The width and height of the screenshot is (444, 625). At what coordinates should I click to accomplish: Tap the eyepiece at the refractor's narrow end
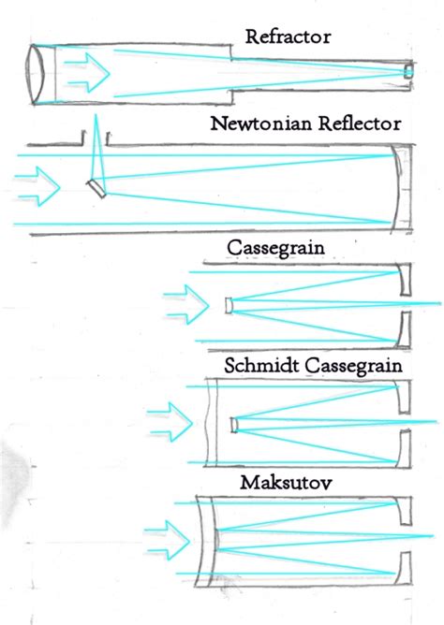407,72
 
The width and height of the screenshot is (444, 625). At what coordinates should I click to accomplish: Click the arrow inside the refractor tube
89,72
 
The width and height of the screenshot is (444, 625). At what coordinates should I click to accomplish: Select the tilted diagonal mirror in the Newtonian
96,187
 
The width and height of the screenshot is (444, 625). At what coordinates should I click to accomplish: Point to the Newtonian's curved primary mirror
400,187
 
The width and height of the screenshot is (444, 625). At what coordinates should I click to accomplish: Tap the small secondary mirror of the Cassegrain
229,305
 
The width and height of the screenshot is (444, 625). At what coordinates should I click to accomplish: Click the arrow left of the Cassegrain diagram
185,305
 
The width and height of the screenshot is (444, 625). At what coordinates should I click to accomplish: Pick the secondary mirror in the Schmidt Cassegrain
233,425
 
